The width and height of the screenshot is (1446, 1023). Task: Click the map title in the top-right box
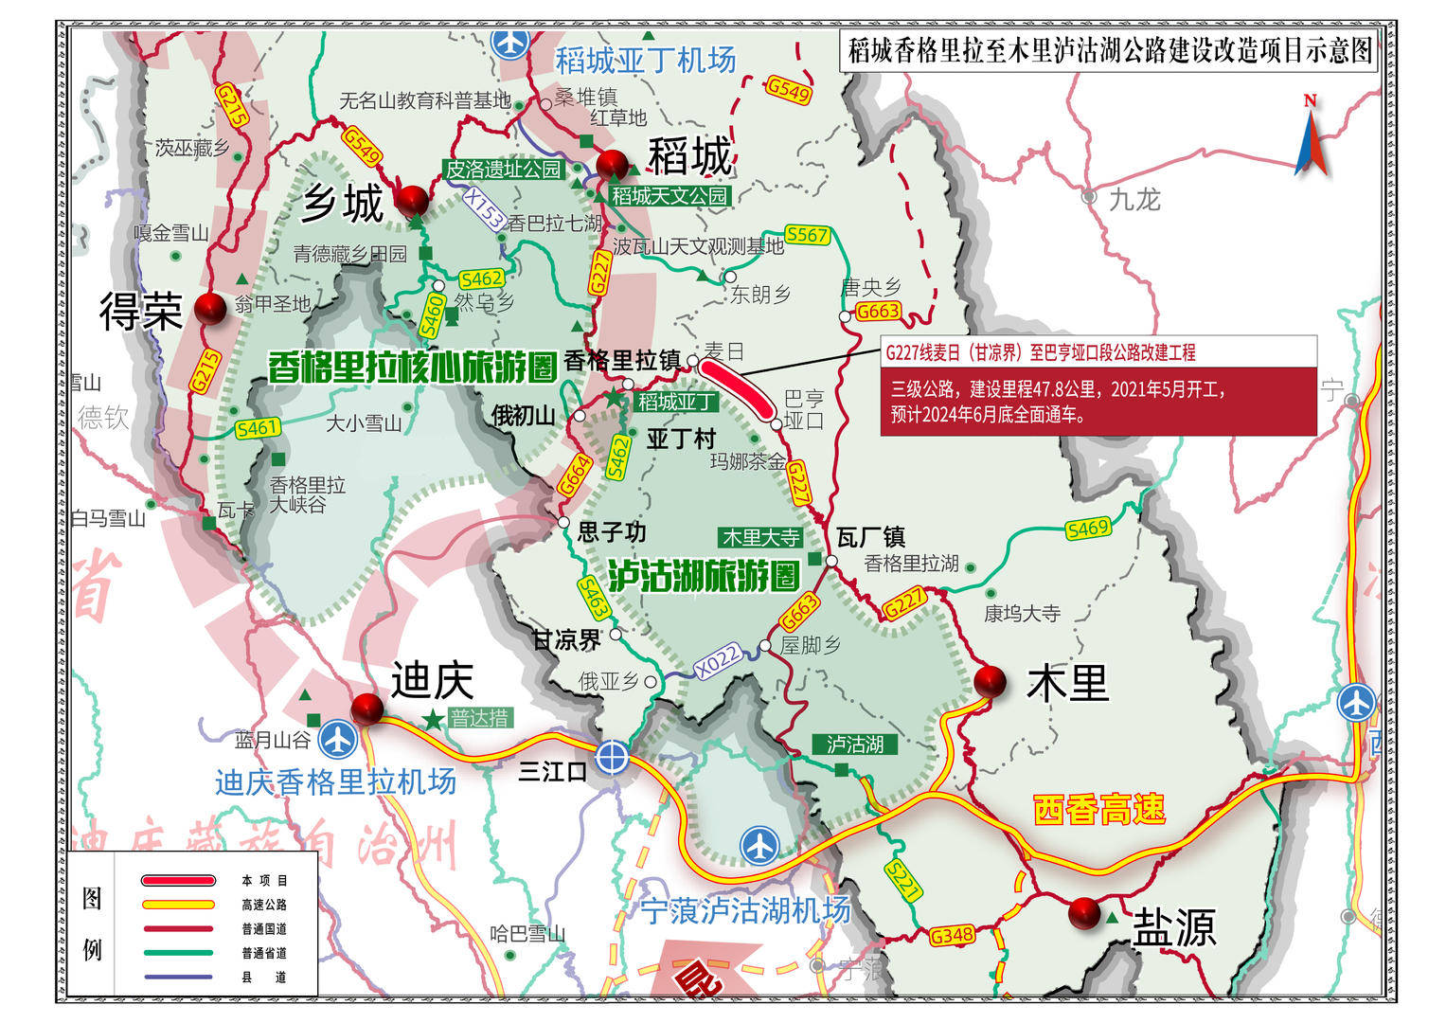(x=1110, y=50)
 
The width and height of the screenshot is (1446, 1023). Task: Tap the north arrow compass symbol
(x=1311, y=137)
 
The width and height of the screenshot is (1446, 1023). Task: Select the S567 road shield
(x=807, y=234)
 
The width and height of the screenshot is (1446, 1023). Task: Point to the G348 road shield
(x=951, y=936)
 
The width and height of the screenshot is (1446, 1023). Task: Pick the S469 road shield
(x=1086, y=529)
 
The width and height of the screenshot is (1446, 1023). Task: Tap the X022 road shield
(x=717, y=660)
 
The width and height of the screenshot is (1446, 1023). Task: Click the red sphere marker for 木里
(x=990, y=680)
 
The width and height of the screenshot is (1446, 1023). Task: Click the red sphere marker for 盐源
(x=1084, y=913)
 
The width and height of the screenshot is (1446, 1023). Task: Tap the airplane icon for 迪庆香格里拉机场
(x=337, y=739)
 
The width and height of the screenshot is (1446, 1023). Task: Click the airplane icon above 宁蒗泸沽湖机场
(x=759, y=845)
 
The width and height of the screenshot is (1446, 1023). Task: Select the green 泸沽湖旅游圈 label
(x=704, y=575)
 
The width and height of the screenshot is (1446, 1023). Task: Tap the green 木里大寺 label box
(x=760, y=538)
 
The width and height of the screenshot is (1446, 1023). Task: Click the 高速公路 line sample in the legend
(x=177, y=905)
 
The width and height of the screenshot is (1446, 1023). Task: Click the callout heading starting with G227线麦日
(x=1040, y=352)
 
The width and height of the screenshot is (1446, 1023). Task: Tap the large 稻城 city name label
(x=690, y=156)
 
